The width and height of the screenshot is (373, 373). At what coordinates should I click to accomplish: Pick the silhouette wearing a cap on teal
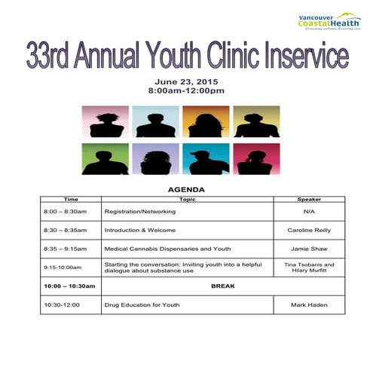click(x=206, y=158)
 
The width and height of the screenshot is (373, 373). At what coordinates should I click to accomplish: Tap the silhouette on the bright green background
click(x=105, y=158)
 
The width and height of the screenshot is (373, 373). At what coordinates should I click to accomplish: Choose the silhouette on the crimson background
click(x=256, y=158)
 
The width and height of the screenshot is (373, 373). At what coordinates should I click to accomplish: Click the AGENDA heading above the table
click(x=186, y=189)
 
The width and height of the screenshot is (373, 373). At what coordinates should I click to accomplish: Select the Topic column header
click(x=187, y=199)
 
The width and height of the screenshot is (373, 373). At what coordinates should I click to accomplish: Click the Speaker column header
click(x=309, y=199)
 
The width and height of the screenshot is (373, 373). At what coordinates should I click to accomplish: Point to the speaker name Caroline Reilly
click(x=309, y=230)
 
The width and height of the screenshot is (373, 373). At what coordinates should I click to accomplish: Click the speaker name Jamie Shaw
click(x=309, y=248)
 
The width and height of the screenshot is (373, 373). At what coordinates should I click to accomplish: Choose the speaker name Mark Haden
click(x=309, y=304)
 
